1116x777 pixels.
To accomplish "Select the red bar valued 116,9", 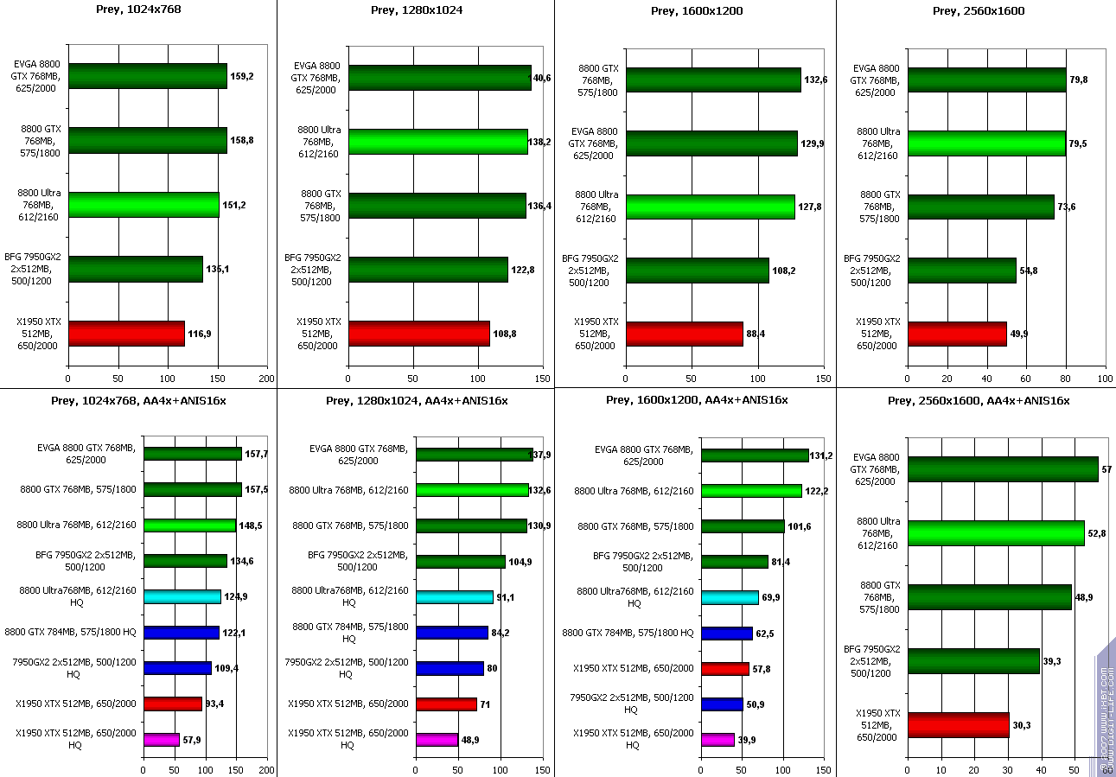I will coord(126,333).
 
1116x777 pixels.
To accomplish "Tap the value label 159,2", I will coord(241,76).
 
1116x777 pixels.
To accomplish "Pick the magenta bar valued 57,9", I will coord(162,740).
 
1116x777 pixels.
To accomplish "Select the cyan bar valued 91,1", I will coord(455,596).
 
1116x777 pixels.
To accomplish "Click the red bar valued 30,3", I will coord(958,725).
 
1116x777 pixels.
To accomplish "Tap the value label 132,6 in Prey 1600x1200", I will coord(815,80).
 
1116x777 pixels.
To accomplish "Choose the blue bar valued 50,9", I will coord(722,704).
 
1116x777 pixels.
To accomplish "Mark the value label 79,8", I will coord(1079,80).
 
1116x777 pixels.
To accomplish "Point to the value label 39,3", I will coord(1052,661).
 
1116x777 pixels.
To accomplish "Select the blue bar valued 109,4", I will coord(177,668).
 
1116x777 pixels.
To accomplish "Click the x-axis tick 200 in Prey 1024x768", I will coord(267,379).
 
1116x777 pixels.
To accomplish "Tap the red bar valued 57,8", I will coord(725,668).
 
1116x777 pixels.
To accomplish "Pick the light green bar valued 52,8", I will coord(995,533).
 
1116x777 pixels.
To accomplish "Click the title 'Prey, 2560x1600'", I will coord(973,10).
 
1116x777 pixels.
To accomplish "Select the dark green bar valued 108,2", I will coord(698,271).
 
